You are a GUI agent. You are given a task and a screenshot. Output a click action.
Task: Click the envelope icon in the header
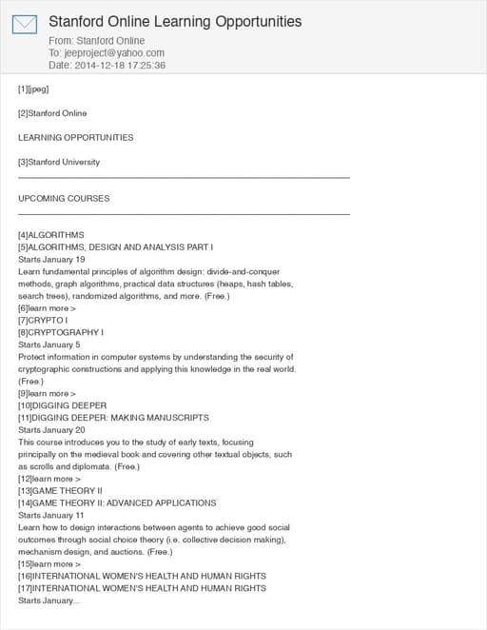click(x=25, y=25)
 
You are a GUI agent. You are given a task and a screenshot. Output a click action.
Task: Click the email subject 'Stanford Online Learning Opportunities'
click(x=175, y=21)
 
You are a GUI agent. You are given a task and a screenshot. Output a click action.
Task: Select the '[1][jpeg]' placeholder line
click(x=33, y=89)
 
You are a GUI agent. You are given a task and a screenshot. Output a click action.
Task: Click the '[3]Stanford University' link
click(x=59, y=162)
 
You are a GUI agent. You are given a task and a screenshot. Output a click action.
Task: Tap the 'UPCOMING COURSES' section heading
click(x=64, y=199)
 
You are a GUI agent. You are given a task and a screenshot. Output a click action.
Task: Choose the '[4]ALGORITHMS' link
click(x=51, y=235)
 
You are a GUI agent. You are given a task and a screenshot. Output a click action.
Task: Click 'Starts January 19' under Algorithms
click(x=51, y=259)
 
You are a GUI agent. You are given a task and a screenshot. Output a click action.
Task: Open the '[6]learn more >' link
click(x=48, y=308)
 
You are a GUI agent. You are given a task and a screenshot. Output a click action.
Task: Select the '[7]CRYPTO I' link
click(x=43, y=321)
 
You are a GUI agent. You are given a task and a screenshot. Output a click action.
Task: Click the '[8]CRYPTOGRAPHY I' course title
click(x=61, y=333)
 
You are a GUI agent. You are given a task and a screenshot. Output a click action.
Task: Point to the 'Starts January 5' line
click(x=49, y=345)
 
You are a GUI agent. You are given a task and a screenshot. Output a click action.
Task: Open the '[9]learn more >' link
click(x=48, y=393)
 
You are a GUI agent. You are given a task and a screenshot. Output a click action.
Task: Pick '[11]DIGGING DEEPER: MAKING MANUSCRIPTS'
click(x=113, y=418)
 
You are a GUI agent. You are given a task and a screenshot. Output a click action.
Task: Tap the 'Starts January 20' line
click(x=51, y=430)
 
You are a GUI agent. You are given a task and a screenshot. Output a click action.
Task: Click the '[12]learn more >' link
click(x=49, y=479)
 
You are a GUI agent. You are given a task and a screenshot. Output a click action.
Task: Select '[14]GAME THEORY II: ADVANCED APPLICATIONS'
click(x=117, y=502)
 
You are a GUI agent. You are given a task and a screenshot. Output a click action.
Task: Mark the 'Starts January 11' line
click(x=51, y=515)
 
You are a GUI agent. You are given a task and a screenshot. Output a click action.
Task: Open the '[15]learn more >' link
click(x=49, y=564)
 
